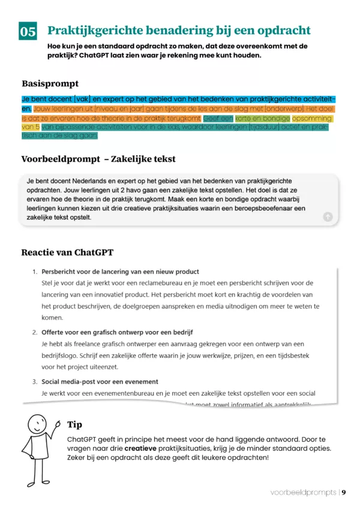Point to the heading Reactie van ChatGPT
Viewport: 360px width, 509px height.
point(67,252)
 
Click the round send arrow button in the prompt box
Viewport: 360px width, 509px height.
point(328,216)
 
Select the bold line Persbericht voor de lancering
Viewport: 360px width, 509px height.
point(120,272)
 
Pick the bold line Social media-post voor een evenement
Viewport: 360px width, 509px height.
point(100,381)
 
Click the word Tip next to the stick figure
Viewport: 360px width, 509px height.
point(75,424)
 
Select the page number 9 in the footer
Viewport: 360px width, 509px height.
point(344,492)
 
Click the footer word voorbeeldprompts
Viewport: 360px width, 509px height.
point(303,492)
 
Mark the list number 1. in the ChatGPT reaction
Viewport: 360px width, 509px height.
point(35,272)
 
